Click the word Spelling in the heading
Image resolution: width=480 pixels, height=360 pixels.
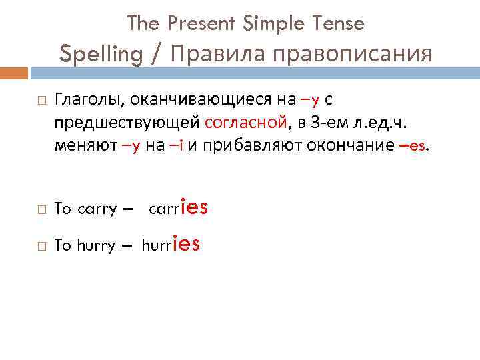coord(101,53)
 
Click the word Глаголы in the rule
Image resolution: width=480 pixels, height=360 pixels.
coord(90,101)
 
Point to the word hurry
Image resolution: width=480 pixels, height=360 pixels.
coord(97,246)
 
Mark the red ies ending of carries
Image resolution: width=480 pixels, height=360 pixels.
coord(194,207)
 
